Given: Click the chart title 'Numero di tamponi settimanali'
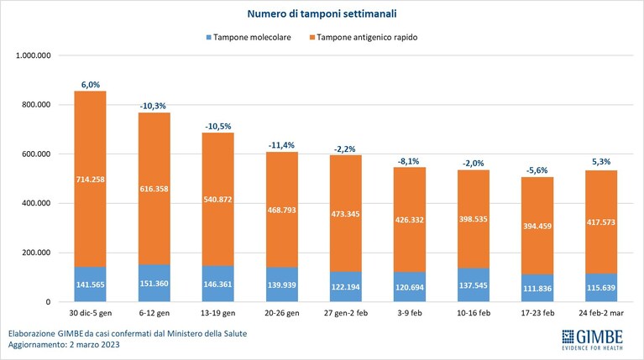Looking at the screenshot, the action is [322, 13].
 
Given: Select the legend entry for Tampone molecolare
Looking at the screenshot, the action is [249, 38].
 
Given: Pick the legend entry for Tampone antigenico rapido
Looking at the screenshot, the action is [364, 38].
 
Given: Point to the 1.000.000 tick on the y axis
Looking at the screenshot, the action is [34, 55].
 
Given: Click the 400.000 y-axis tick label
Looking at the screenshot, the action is [36, 203].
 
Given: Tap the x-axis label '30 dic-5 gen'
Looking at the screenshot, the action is [91, 313].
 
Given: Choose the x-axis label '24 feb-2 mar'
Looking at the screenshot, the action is [601, 313].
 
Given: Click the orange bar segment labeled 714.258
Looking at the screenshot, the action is [91, 179].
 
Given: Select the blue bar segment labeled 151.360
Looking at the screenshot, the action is [154, 284].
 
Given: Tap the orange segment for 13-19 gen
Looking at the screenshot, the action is [218, 199].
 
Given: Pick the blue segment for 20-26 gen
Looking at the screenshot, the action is [282, 284].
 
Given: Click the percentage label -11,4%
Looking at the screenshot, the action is [281, 145].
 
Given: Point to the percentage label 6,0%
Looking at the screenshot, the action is [91, 85].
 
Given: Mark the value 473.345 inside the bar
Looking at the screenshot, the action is [345, 214].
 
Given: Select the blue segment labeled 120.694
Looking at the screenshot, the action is [410, 287].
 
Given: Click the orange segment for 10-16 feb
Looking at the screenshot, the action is [474, 219].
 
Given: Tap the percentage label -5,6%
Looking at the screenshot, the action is [537, 170].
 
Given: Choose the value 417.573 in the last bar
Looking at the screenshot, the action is [601, 222].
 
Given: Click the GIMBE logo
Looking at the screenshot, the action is [592, 340].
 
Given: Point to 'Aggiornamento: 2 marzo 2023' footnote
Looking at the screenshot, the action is [64, 345].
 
